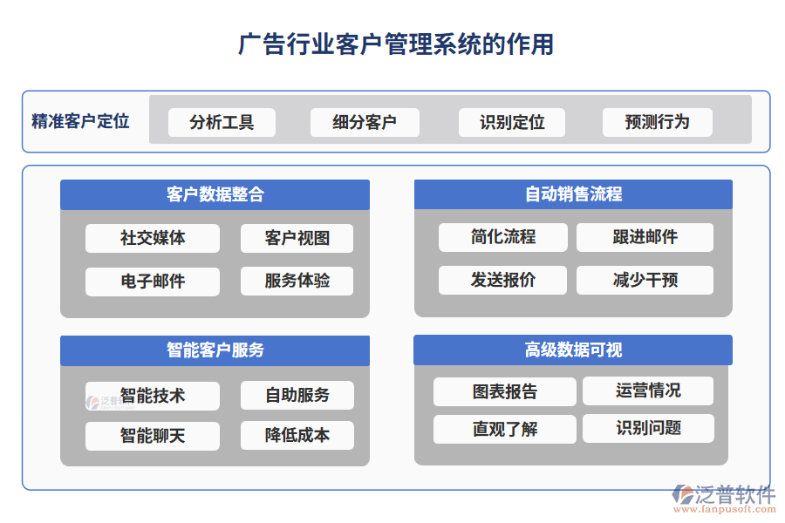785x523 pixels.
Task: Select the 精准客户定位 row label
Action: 80,121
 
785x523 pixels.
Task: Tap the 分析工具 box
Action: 222,122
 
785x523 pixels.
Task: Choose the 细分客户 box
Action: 365,122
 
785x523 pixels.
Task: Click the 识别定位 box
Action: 512,122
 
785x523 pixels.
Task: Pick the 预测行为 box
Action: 657,122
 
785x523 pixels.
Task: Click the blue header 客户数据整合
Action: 215,194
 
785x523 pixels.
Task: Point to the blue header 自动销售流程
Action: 573,194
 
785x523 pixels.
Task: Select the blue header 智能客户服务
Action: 215,350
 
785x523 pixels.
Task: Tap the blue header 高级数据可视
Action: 573,350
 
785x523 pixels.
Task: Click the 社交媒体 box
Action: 153,238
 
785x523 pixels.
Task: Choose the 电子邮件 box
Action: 153,281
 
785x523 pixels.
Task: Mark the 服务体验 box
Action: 297,281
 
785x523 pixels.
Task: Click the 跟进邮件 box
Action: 645,237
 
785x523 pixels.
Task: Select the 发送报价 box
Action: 503,280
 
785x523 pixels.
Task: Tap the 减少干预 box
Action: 645,280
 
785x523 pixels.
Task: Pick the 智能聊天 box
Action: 153,435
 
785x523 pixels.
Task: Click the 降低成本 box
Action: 297,435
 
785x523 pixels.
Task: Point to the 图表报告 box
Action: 504,391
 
